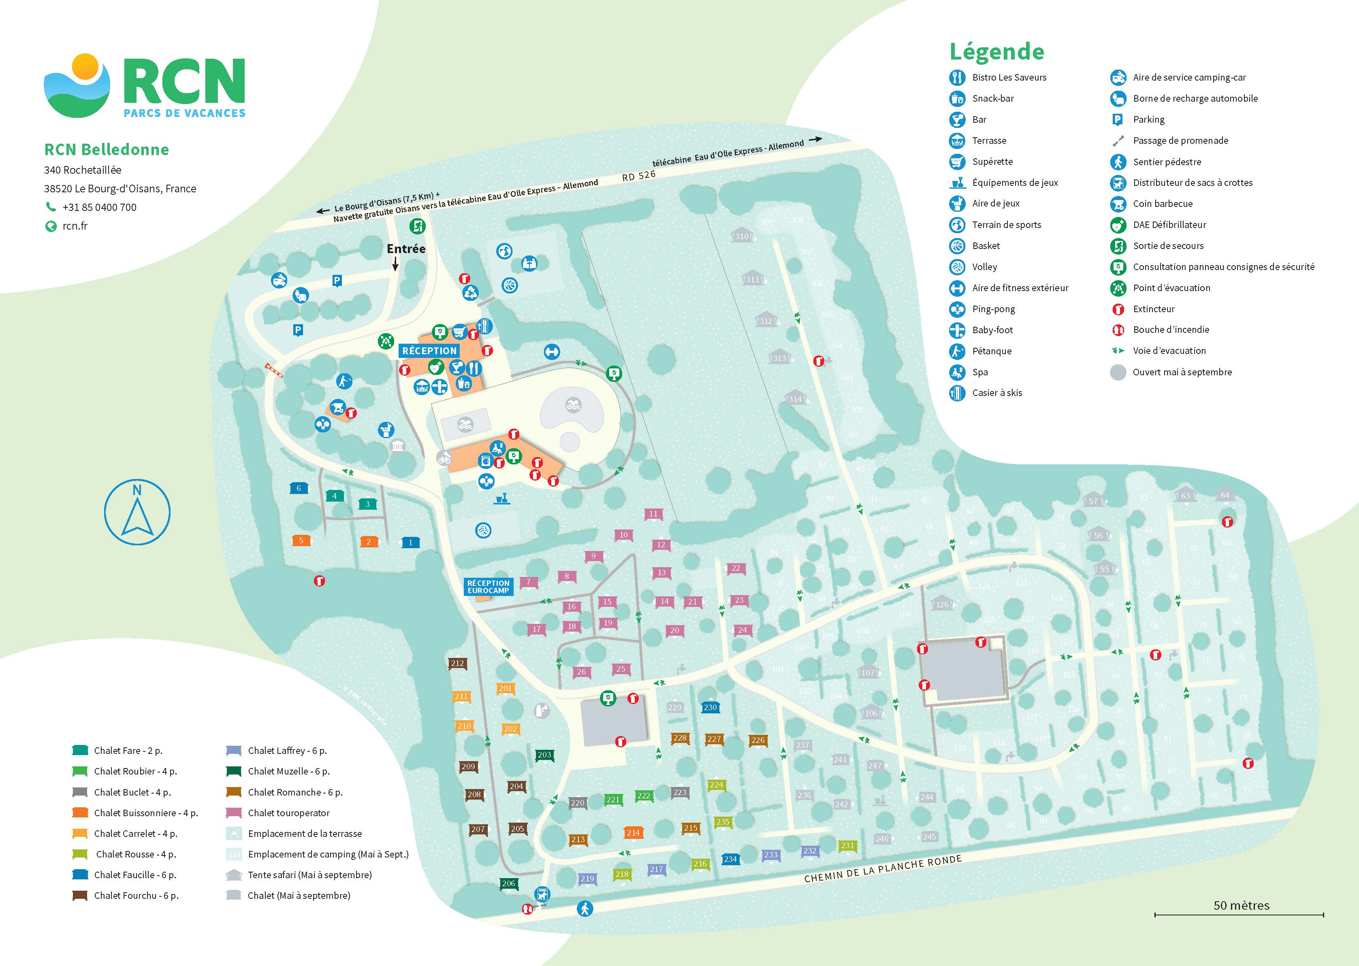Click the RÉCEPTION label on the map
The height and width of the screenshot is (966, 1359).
coord(429,351)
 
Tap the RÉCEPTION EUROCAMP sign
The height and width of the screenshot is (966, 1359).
coord(488,587)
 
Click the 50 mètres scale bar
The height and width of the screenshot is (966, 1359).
coord(1239,914)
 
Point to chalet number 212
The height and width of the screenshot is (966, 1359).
coord(457,663)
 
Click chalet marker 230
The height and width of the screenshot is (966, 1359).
coord(710,707)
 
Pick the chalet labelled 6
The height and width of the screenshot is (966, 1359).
coord(299,488)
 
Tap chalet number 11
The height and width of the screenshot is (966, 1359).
coord(653,514)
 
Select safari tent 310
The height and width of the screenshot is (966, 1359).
coord(741,236)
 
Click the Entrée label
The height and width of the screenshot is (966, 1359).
coord(406,249)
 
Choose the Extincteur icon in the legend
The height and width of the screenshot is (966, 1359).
coord(1118,309)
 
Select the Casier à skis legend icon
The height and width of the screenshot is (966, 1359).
coord(957,393)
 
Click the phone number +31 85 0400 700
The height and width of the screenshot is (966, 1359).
coord(99,207)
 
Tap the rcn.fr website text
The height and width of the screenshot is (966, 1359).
coord(75,226)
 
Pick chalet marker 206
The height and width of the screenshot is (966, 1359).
coord(508,883)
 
